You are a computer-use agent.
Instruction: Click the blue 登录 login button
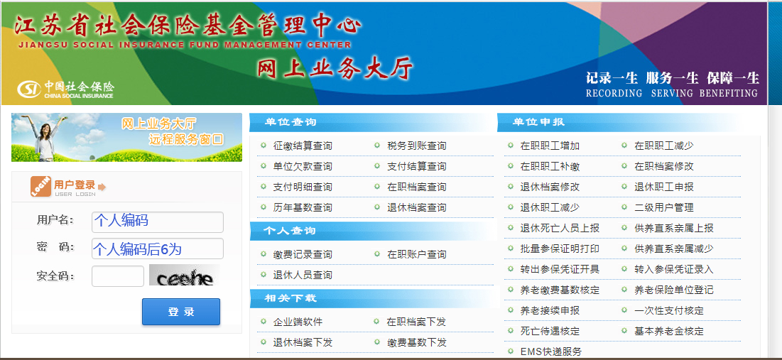tap(181, 312)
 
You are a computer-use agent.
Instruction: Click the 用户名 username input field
tap(158, 222)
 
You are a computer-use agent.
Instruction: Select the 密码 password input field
tap(158, 249)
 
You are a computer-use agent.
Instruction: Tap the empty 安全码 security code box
tap(118, 276)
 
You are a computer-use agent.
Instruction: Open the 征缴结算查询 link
tap(303, 146)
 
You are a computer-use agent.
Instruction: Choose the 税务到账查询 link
tap(417, 146)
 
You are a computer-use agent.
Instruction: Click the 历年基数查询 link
tap(303, 207)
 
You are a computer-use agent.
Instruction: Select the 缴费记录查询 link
tap(303, 254)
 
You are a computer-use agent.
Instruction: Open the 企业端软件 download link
tap(298, 322)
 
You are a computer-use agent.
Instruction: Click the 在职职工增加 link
tap(550, 146)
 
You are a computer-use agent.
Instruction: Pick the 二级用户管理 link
tap(663, 207)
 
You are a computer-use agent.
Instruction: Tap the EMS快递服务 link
tap(551, 351)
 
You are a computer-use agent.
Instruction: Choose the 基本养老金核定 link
tap(668, 331)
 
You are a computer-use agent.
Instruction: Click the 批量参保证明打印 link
tap(560, 249)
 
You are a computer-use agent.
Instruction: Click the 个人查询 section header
tap(290, 231)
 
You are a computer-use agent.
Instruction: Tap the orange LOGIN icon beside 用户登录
tap(40, 186)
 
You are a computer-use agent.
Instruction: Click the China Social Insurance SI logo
tap(30, 89)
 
